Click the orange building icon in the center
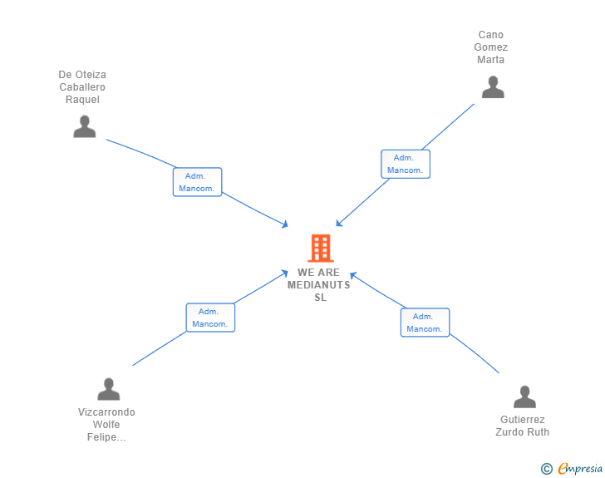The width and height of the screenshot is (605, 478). (x=320, y=248)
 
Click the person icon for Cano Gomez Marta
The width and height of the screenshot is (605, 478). (x=493, y=87)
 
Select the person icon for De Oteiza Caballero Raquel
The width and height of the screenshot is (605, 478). (x=84, y=126)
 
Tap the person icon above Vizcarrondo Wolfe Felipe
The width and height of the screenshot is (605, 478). (x=108, y=389)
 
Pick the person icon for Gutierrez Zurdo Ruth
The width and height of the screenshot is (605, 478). (x=524, y=397)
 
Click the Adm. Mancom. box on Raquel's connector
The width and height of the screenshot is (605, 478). (x=198, y=182)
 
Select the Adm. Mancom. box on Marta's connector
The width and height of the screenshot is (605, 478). (x=405, y=164)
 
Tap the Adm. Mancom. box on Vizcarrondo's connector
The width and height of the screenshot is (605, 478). (x=210, y=318)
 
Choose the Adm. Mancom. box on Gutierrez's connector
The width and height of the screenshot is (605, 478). (x=425, y=323)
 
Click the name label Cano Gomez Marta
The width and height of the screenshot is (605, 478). (x=491, y=47)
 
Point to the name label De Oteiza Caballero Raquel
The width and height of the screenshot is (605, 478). (x=82, y=87)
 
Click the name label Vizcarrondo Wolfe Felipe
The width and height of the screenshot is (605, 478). (x=106, y=425)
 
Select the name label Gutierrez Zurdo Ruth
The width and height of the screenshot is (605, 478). (x=523, y=426)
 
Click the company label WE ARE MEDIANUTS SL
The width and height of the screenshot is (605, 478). (x=319, y=285)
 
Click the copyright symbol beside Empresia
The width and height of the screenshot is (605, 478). (x=546, y=469)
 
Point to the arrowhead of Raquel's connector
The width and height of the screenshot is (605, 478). (x=285, y=224)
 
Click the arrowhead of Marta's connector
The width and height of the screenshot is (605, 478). (x=338, y=224)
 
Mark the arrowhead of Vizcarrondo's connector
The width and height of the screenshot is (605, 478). (x=285, y=273)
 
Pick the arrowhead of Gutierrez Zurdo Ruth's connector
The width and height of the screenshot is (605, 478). (x=352, y=273)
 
